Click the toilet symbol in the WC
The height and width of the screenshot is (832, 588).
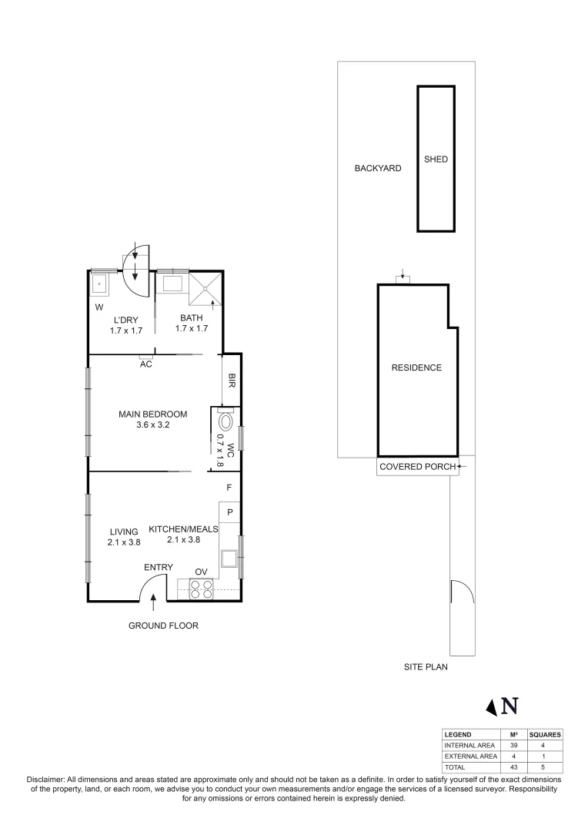[225, 422]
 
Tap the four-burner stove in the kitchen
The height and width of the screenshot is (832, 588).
[201, 589]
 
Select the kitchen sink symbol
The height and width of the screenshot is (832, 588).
[229, 558]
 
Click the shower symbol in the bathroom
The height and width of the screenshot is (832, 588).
[206, 289]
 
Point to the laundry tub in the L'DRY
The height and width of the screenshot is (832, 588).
[100, 283]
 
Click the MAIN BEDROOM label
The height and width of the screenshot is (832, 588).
[153, 414]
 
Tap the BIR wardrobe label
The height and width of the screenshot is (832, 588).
[231, 380]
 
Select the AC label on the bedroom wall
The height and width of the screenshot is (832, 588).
[145, 364]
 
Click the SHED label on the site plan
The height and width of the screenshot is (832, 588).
[436, 159]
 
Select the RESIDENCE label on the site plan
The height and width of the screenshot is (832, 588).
[416, 367]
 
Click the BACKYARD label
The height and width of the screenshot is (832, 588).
[377, 168]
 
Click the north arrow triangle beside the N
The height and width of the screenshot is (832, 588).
[490, 706]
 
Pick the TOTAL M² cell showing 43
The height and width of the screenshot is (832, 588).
[513, 768]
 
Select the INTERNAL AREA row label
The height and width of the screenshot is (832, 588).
[469, 746]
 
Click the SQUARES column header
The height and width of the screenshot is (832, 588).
[545, 734]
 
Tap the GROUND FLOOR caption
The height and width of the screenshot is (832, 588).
[163, 626]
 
